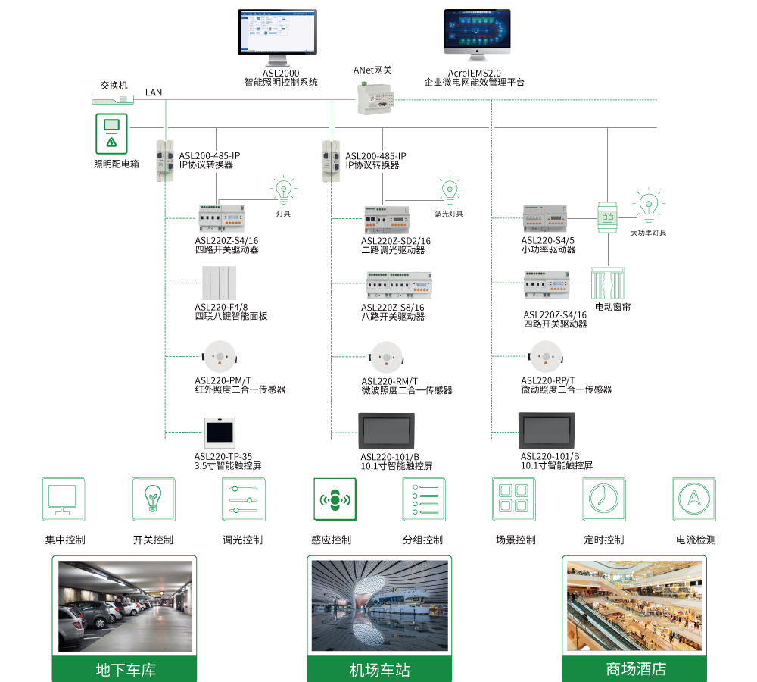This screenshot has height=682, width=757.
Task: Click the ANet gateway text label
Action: pos(372,70)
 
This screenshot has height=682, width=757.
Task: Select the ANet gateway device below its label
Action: pos(375,99)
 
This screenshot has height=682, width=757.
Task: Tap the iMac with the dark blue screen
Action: pos(477,34)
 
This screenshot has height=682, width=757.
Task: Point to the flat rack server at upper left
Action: pos(112,99)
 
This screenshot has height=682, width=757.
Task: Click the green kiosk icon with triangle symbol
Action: pos(111,133)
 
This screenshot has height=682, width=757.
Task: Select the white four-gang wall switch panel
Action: pos(220,283)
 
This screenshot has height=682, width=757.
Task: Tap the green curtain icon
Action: pos(608,283)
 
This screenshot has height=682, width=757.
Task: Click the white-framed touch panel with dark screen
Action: pos(220,433)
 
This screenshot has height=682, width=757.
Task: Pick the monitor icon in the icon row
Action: pos(63,499)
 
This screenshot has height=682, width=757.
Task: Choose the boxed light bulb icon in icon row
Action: pos(153,499)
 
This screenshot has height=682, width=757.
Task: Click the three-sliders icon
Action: pos(243,499)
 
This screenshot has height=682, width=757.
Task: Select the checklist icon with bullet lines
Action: pos(423,499)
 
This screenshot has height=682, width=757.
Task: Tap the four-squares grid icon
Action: pos(513,499)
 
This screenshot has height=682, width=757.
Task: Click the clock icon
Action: pos(603,499)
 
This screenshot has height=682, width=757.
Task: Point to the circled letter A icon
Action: pos(693,499)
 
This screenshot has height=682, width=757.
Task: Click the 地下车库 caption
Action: pos(125,670)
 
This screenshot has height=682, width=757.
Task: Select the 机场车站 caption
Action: pos(379,670)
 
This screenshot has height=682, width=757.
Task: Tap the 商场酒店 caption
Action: pos(635,669)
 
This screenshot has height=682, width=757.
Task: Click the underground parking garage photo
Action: pos(125,607)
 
